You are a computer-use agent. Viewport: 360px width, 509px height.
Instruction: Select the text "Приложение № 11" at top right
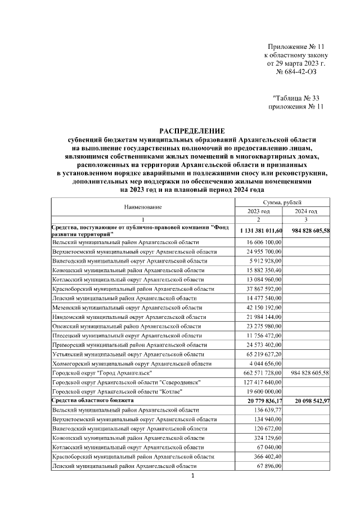(x=295, y=47)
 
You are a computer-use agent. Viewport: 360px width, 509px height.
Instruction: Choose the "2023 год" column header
(x=259, y=211)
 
